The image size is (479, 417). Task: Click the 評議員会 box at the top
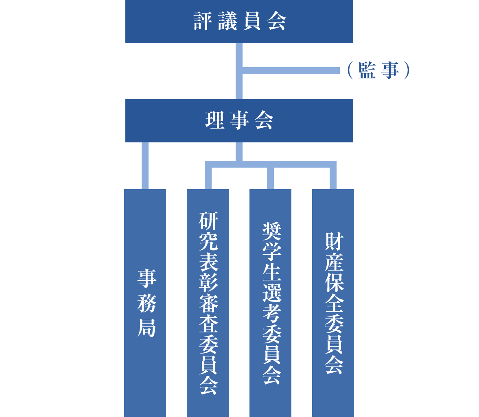(x=239, y=22)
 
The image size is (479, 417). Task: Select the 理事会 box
(x=239, y=121)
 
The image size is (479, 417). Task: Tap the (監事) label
(x=378, y=70)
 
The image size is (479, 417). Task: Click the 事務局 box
(x=145, y=303)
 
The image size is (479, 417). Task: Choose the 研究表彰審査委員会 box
(x=208, y=303)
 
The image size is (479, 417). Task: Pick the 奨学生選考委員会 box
(x=270, y=303)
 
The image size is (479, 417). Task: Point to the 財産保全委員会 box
(x=333, y=303)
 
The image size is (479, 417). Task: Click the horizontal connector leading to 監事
(x=291, y=70)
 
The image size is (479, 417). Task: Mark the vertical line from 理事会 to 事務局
(x=145, y=166)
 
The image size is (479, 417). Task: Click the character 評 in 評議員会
(x=203, y=22)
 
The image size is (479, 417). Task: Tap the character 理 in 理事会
(x=215, y=121)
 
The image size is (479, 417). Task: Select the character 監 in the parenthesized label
(x=367, y=70)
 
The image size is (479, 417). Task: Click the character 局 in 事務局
(x=146, y=328)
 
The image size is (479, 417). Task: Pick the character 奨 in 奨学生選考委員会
(x=271, y=231)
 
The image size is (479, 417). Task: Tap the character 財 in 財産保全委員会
(x=334, y=242)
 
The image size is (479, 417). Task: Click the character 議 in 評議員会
(x=227, y=22)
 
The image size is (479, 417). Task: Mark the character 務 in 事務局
(x=146, y=303)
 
